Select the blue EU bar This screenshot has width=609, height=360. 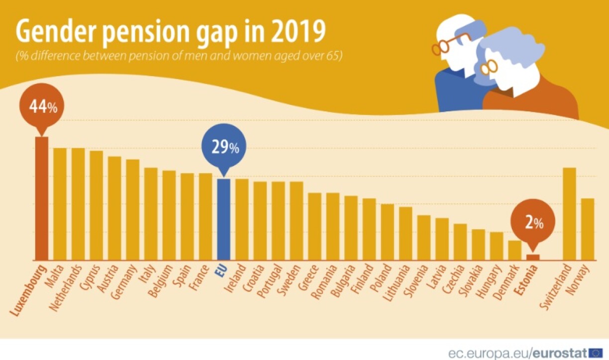click(x=223, y=219)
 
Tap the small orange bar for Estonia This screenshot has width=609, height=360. click(x=533, y=257)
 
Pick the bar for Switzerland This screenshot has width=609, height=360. click(x=569, y=214)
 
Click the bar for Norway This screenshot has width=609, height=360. click(x=588, y=229)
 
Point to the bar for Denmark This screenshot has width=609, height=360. click(x=514, y=250)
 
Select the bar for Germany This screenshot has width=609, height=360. click(x=132, y=209)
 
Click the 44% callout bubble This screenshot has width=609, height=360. click(x=42, y=107)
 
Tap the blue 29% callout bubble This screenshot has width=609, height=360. click(x=224, y=148)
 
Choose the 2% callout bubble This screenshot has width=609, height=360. click(x=533, y=223)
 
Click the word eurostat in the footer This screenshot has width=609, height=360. click(x=560, y=353)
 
